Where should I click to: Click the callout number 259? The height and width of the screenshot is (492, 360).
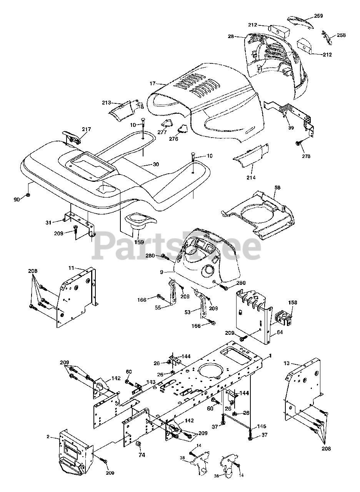point(318,16)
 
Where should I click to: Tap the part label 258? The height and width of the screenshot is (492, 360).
point(341,35)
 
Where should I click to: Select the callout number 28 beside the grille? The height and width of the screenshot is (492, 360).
point(231,36)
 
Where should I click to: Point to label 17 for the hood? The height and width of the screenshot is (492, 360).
point(153,83)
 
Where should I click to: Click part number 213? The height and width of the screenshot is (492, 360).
point(107,102)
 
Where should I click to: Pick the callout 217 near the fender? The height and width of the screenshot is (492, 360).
point(87,129)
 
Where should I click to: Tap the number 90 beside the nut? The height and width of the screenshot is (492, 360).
point(17,199)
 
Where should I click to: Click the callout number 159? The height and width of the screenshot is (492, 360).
point(139,242)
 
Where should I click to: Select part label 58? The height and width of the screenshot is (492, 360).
point(277,188)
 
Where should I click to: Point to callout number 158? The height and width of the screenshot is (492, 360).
point(293,303)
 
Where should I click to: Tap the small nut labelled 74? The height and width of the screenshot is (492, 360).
point(138,444)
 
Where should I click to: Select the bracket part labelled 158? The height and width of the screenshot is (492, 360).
point(284,317)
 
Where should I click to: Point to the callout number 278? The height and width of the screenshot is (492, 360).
point(306,156)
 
